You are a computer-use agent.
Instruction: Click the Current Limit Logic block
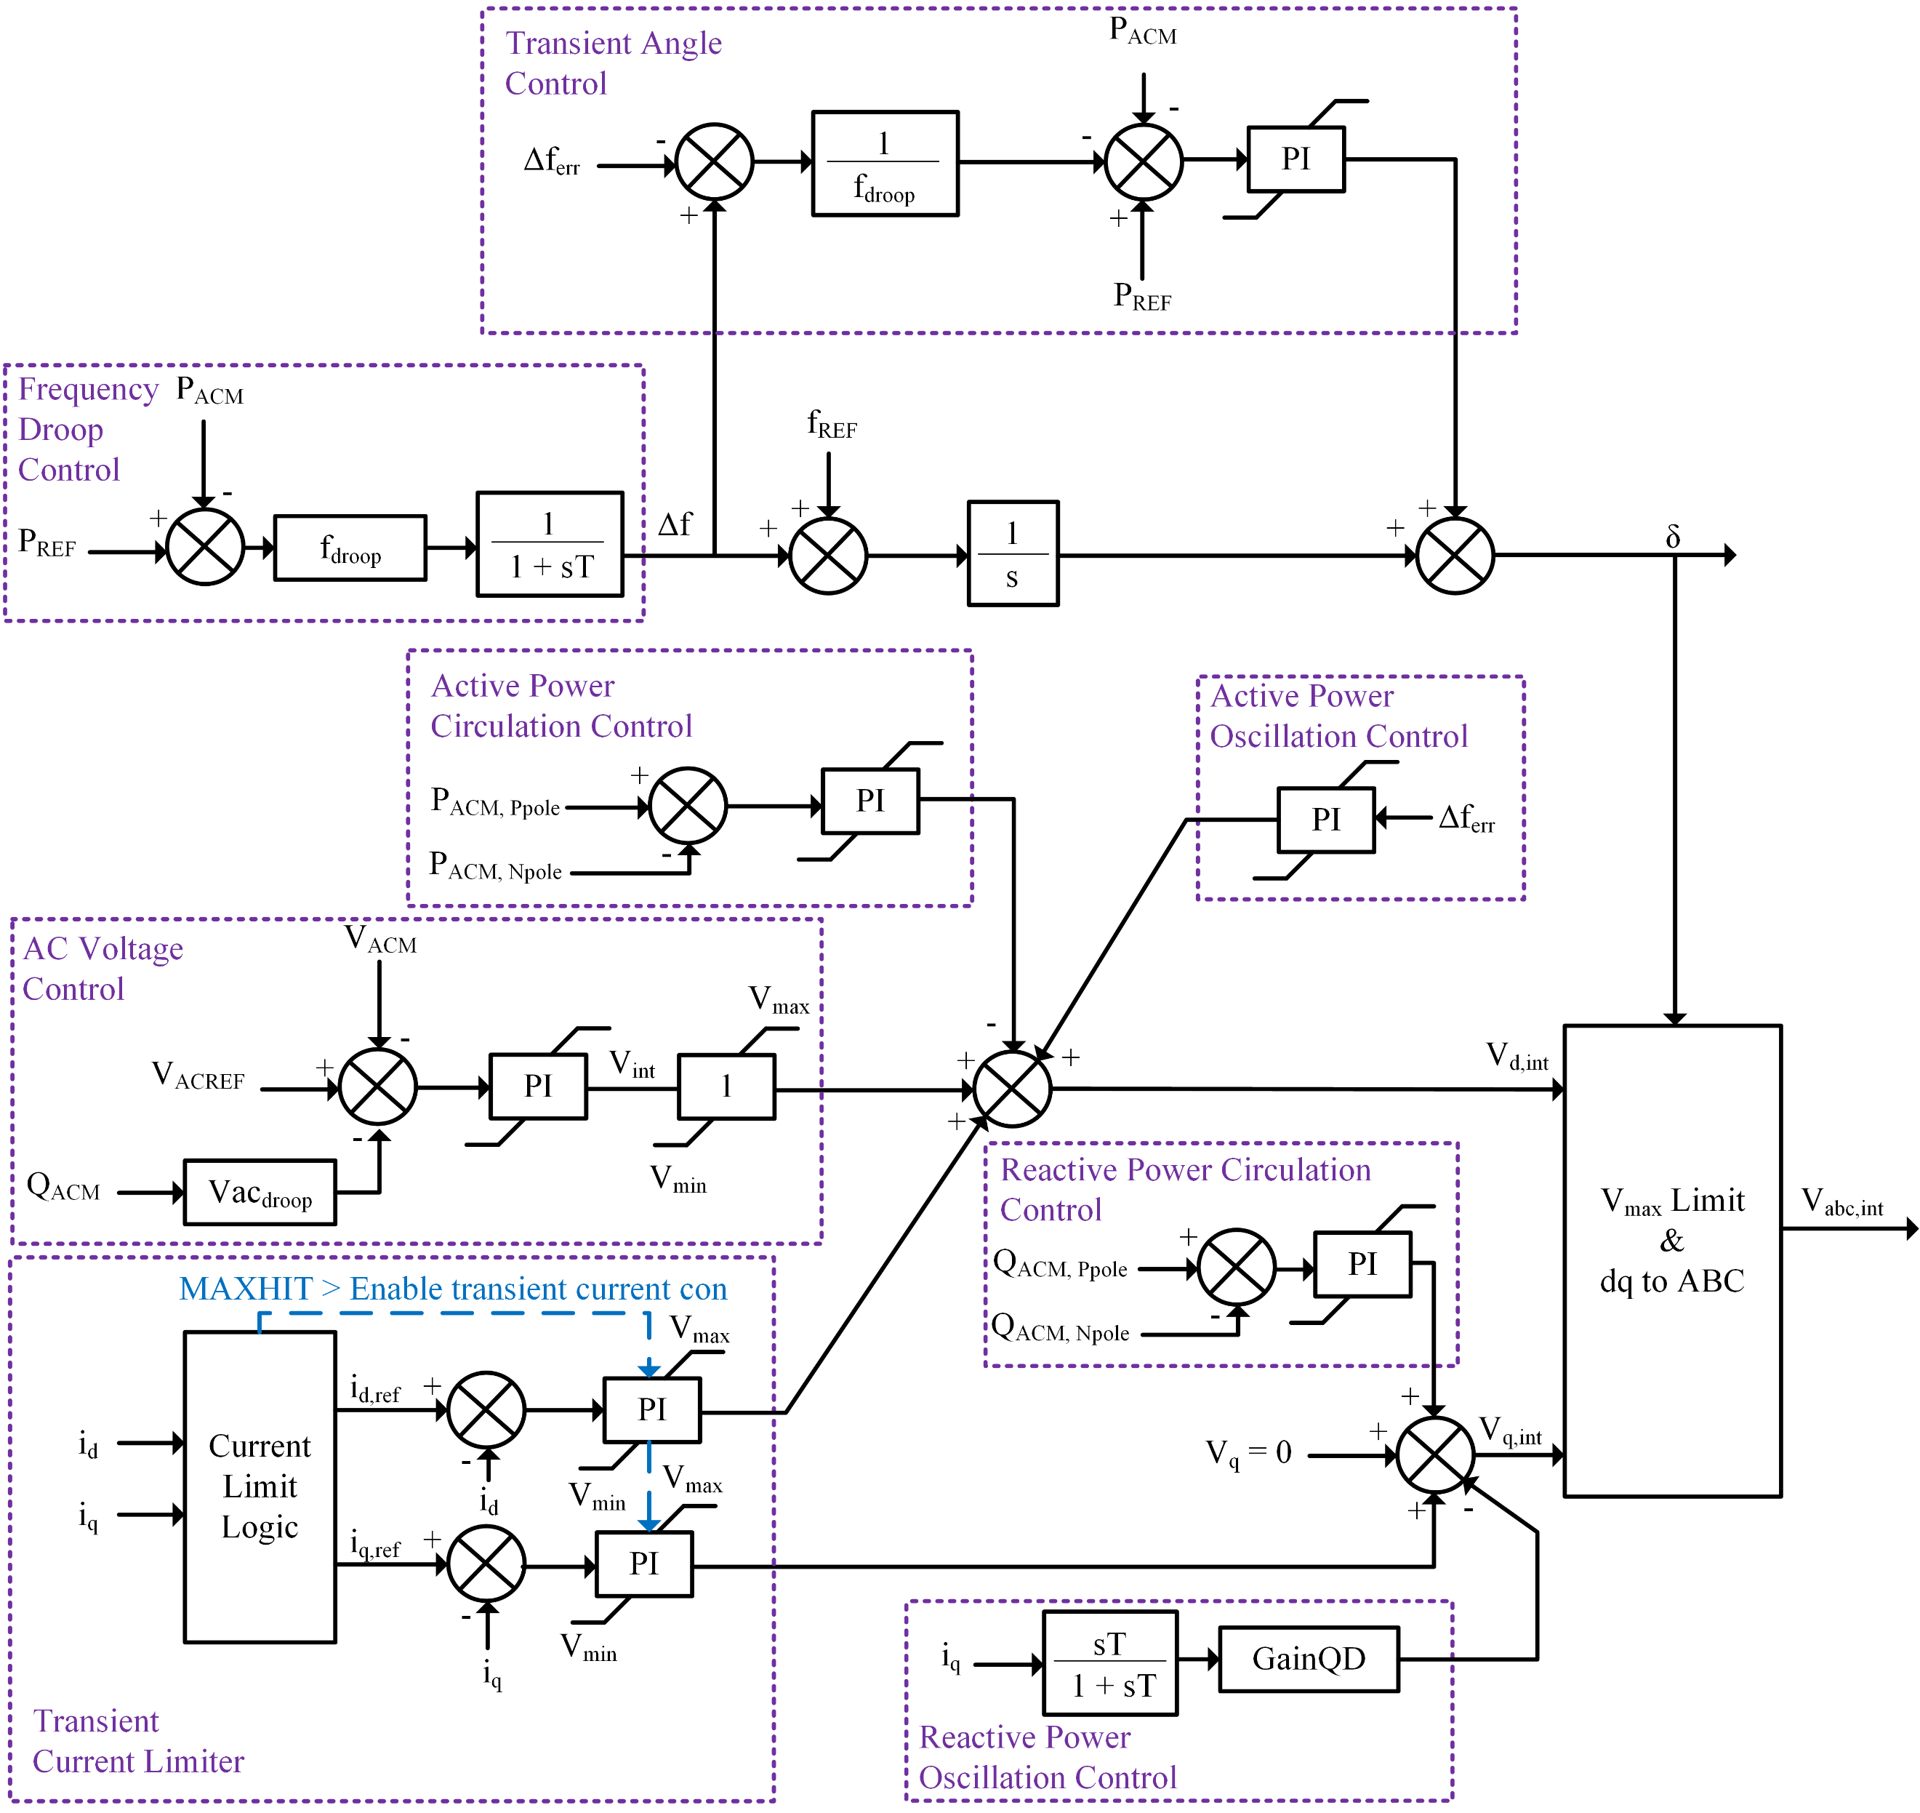tap(260, 1486)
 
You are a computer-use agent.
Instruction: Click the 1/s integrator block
tap(1013, 553)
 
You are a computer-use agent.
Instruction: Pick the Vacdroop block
tap(260, 1193)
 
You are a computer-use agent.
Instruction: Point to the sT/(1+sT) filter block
tap(1110, 1663)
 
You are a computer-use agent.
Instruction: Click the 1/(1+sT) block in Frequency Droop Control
tap(550, 545)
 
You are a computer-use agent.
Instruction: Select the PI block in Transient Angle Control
tap(1296, 159)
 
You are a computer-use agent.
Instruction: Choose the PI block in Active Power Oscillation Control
tap(1326, 820)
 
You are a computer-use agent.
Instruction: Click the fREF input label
tap(832, 423)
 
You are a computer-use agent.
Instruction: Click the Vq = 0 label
tap(1248, 1452)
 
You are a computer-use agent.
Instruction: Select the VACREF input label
tap(198, 1075)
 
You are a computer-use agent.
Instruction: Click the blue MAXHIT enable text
tap(452, 1289)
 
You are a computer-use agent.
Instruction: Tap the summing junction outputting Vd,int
tap(1012, 1089)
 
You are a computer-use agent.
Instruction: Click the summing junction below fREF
tap(828, 556)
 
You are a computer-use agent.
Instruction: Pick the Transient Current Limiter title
tap(137, 1742)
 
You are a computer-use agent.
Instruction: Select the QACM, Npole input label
tap(1060, 1328)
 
